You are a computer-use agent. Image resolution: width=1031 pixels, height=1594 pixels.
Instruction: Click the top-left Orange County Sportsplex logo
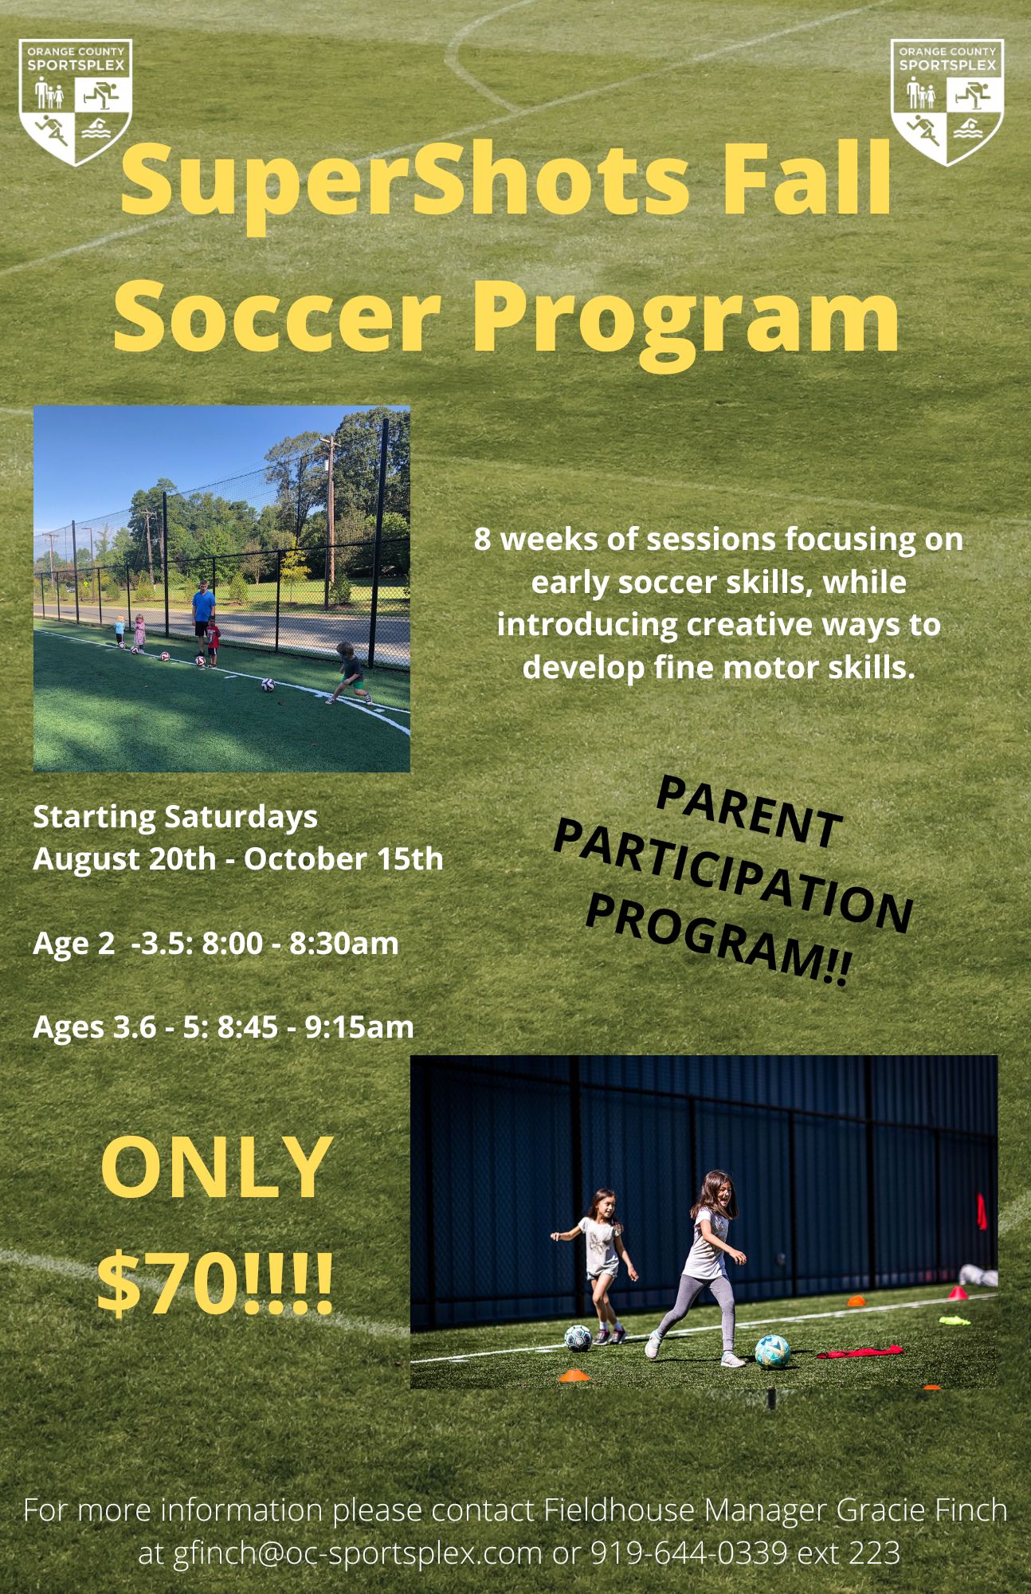click(76, 101)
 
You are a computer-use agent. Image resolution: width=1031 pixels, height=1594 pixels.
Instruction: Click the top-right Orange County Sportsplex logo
click(947, 101)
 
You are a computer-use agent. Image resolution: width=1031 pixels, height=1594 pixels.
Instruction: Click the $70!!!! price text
click(215, 1285)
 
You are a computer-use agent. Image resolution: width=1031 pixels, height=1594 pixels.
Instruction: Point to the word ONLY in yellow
click(217, 1168)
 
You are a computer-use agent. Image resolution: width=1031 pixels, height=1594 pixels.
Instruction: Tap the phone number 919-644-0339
click(688, 1553)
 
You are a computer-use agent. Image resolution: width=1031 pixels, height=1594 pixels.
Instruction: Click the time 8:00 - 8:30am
click(300, 944)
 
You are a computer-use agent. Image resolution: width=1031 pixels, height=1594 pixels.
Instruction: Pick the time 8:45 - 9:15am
click(316, 1027)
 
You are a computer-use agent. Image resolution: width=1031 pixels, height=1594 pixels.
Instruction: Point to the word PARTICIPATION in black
click(732, 877)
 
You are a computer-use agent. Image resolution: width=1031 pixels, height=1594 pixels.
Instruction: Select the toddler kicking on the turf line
click(348, 672)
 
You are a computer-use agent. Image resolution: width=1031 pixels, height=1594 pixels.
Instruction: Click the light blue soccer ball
click(771, 1352)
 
